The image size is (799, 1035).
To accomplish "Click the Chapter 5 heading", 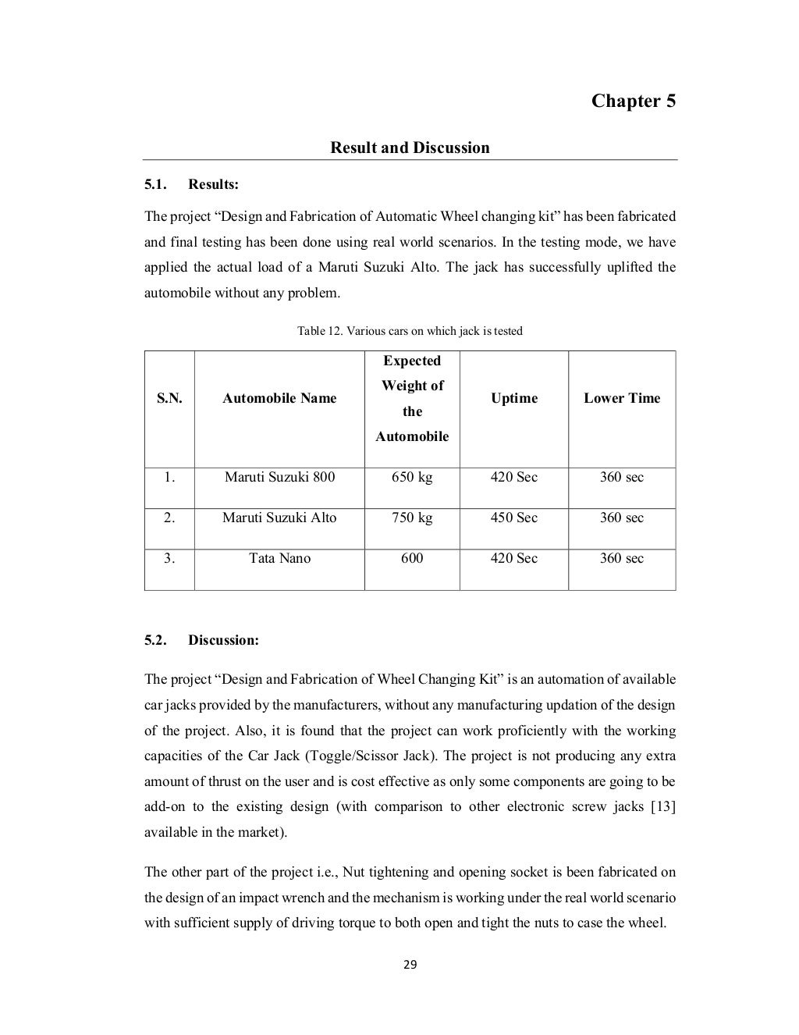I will (633, 101).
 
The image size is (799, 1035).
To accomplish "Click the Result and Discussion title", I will (410, 148).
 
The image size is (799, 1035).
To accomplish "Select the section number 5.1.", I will (155, 185).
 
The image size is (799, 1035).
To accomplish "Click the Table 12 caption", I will (410, 331).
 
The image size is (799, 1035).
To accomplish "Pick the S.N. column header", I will (169, 398).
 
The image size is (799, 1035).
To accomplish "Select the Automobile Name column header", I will (279, 398).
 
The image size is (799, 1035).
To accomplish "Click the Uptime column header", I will (513, 398).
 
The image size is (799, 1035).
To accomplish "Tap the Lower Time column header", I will (621, 398).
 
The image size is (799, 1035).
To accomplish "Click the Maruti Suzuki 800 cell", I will (279, 477).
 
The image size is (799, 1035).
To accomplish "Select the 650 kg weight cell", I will (411, 477).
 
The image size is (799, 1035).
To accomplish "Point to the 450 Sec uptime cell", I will (513, 517).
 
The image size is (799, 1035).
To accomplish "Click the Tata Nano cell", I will (279, 558).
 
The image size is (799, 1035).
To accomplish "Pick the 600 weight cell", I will (411, 558).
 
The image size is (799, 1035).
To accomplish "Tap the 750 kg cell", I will (411, 517).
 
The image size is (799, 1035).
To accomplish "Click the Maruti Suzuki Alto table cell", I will (279, 517).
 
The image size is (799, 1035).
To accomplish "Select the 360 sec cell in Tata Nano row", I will (621, 558).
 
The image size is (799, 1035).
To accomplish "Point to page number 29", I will (410, 965).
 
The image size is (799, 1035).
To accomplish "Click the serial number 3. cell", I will (169, 558).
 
